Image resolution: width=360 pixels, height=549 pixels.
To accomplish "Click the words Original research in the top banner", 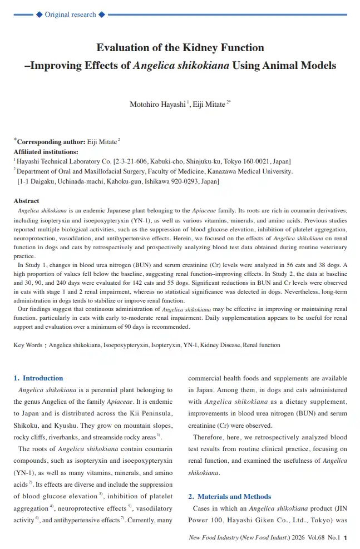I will pyautogui.click(x=71, y=14).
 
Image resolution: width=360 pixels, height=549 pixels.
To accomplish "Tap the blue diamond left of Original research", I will pyautogui.click(x=39, y=14).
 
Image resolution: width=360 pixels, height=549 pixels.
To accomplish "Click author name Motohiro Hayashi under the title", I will pyautogui.click(x=157, y=104).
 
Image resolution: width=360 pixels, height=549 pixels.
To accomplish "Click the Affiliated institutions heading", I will pyautogui.click(x=46, y=152).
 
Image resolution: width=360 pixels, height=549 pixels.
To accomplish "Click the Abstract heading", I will pyautogui.click(x=26, y=201).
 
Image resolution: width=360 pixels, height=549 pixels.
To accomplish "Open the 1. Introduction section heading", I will pyautogui.click(x=38, y=378).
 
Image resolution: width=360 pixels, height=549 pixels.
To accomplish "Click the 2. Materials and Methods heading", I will pyautogui.click(x=230, y=497).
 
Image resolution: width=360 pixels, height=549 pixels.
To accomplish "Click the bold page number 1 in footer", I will pyautogui.click(x=346, y=538).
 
